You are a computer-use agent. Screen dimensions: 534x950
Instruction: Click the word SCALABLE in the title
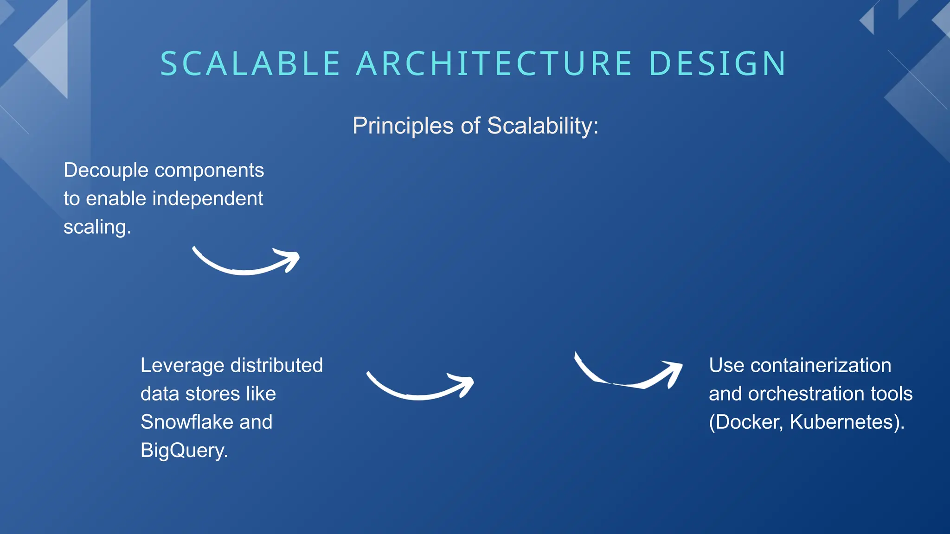[250, 64]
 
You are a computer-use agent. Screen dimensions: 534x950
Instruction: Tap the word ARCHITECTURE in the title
[494, 64]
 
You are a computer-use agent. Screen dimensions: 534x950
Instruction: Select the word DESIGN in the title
[717, 64]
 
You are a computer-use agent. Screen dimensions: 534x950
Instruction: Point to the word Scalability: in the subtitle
[543, 126]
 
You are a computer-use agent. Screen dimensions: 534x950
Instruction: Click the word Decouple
[106, 171]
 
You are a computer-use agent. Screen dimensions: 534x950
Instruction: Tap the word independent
[208, 199]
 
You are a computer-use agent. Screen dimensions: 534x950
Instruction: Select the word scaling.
[97, 228]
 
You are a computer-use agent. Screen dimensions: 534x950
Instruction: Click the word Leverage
[182, 366]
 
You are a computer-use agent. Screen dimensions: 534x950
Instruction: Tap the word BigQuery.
[184, 451]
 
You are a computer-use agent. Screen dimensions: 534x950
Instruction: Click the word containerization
[821, 366]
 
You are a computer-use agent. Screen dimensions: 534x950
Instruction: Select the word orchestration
[806, 394]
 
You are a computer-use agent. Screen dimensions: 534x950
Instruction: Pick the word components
[209, 171]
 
